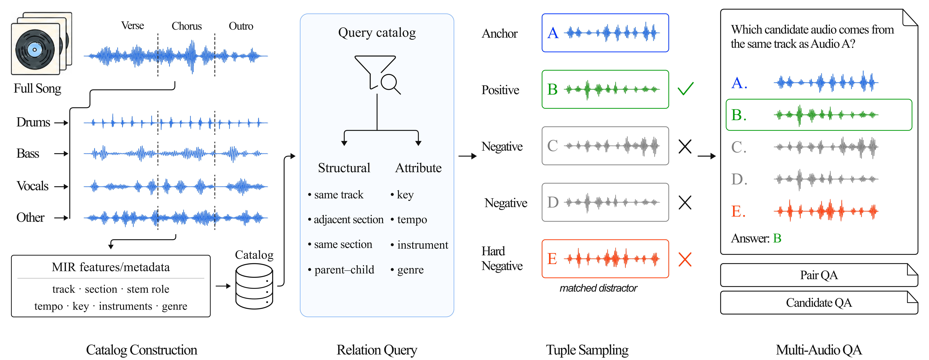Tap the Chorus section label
186,26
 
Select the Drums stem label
33,122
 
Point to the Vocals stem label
32,186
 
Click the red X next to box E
685,259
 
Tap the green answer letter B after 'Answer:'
777,238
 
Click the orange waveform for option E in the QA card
826,211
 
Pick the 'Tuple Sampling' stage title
587,350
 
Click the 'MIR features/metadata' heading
111,267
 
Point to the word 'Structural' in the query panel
344,168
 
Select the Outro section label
241,26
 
